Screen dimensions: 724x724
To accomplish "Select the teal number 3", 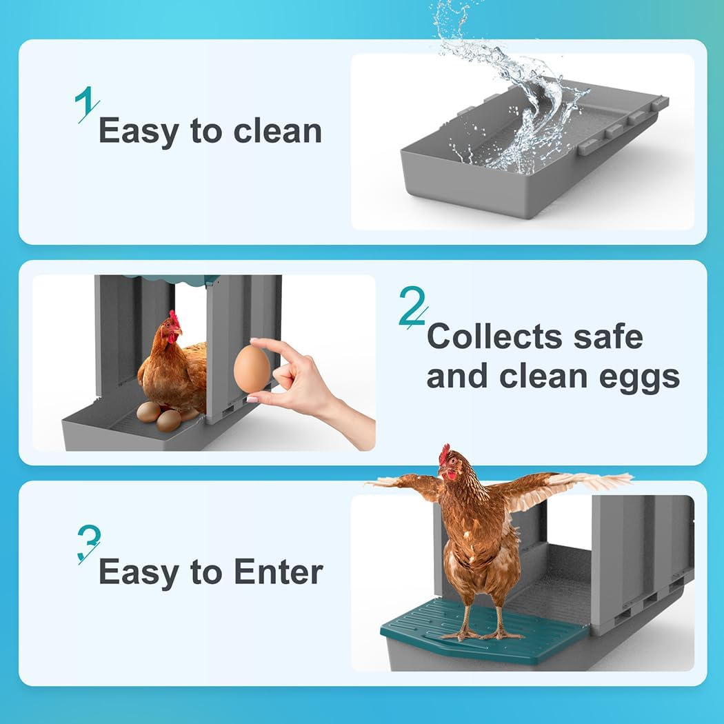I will (88, 543).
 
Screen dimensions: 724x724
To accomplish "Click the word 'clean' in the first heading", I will (277, 132).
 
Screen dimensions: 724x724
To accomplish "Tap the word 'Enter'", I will (278, 572).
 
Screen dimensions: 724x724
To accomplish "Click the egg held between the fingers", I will (252, 368).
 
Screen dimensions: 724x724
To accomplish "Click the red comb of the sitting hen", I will (174, 319).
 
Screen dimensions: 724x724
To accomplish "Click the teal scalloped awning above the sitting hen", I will (172, 279).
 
